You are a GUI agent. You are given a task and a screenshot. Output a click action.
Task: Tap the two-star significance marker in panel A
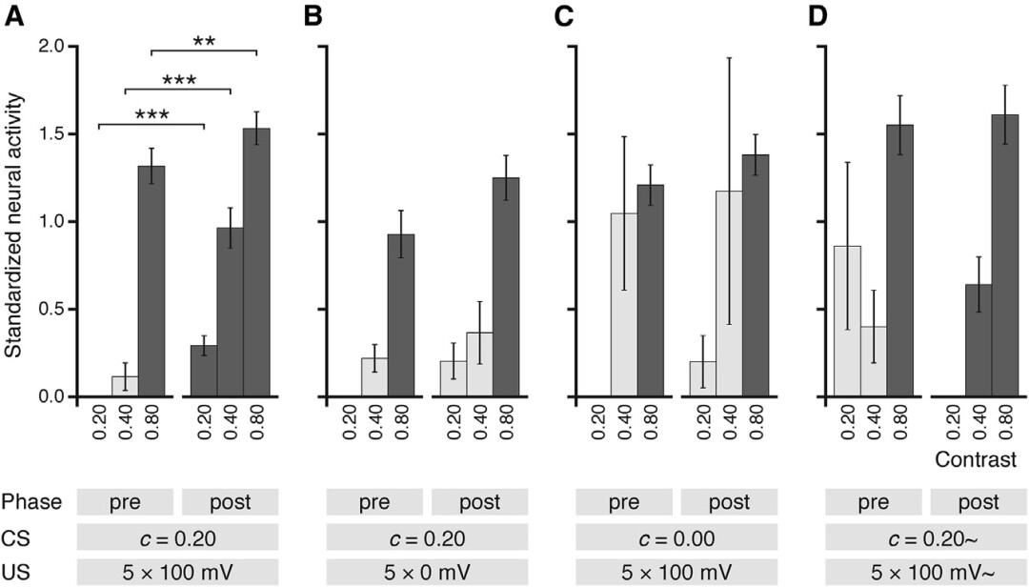[204, 41]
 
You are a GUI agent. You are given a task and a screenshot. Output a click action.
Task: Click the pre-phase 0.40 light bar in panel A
[125, 386]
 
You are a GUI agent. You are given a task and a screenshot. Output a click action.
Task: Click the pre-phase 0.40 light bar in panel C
[624, 305]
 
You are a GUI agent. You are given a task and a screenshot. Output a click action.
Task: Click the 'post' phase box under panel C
[729, 502]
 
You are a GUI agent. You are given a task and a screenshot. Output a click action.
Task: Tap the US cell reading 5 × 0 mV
[425, 574]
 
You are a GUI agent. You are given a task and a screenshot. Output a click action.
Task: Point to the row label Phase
[28, 502]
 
